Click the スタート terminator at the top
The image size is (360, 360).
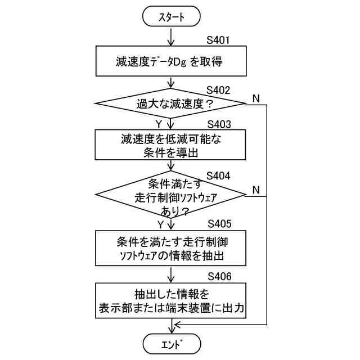pos(172,17)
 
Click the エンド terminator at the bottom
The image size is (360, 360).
pos(172,343)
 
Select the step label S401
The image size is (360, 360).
pos(219,41)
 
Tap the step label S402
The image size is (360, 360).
pos(219,90)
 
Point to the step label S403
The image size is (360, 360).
pos(219,124)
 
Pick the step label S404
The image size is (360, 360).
pos(219,175)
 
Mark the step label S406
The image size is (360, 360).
pos(219,276)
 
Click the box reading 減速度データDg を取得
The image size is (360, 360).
pos(171,61)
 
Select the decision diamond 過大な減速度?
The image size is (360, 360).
pos(171,104)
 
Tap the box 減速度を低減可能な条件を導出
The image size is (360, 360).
pos(171,145)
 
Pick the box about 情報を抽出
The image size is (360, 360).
pos(171,248)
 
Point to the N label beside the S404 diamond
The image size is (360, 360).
pos(256,189)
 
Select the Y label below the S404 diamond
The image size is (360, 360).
pos(160,224)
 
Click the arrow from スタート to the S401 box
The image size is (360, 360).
pos(172,36)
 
